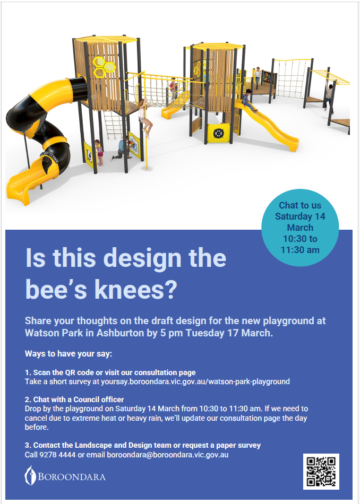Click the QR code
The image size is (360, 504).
coord(321,471)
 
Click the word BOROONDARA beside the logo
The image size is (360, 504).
coord(72,476)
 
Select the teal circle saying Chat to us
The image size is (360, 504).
coord(300,227)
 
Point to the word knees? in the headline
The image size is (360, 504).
coord(136,289)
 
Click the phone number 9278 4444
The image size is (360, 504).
coord(57,455)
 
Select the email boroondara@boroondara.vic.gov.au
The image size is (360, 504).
coord(168,455)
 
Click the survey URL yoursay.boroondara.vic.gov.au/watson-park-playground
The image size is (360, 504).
coord(195,381)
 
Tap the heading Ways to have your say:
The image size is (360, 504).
coord(68,354)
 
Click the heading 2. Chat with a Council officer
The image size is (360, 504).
coord(74,399)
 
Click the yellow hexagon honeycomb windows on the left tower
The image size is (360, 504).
coord(104,67)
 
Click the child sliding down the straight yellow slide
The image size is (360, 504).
coord(248,100)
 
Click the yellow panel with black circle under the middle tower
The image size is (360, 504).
coord(218,133)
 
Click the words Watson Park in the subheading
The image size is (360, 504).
coord(54,333)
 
